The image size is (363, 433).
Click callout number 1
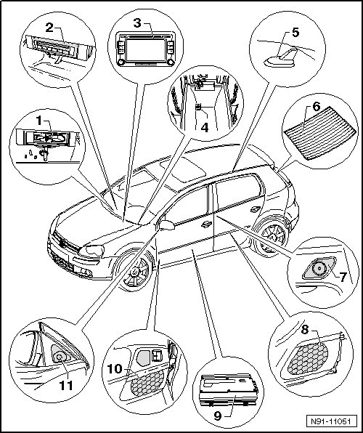pyautogui.click(x=39, y=121)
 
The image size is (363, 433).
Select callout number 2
pyautogui.click(x=49, y=28)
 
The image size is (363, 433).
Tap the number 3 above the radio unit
pyautogui.click(x=137, y=23)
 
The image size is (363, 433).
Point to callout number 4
pyautogui.click(x=205, y=128)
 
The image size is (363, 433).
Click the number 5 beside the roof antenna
pyautogui.click(x=295, y=32)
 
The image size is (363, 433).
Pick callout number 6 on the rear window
pyautogui.click(x=316, y=107)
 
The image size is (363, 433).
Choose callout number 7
pyautogui.click(x=343, y=277)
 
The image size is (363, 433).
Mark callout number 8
pyautogui.click(x=304, y=329)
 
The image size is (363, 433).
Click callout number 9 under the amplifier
pyautogui.click(x=218, y=416)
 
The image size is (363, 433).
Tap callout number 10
pyautogui.click(x=115, y=368)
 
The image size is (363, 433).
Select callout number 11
pyautogui.click(x=66, y=386)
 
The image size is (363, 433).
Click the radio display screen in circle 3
pyautogui.click(x=145, y=50)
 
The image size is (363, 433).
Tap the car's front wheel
pyautogui.click(x=135, y=271)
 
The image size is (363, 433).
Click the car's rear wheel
pyautogui.click(x=272, y=237)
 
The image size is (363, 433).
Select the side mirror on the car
pyautogui.click(x=166, y=225)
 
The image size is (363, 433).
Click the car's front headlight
pyautogui.click(x=92, y=251)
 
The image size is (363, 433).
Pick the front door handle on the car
pyautogui.click(x=205, y=224)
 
